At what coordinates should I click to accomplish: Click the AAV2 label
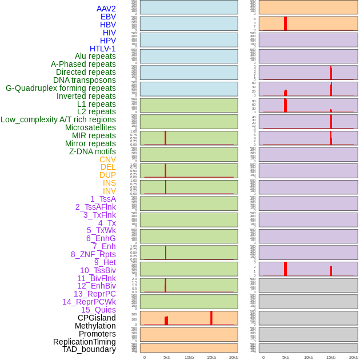[x=106, y=9]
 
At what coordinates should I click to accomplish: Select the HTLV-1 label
[x=102, y=49]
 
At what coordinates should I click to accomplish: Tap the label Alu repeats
[x=95, y=56]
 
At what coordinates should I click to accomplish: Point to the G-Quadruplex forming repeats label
[x=61, y=88]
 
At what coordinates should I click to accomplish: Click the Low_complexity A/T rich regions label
[x=58, y=119]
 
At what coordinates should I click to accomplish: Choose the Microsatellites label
[x=90, y=127]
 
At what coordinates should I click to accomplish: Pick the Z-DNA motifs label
[x=92, y=151]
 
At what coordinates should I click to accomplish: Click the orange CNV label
[x=107, y=159]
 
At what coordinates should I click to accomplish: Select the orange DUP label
[x=107, y=175]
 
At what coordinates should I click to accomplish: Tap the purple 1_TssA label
[x=103, y=199]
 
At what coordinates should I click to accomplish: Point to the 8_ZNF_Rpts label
[x=93, y=254]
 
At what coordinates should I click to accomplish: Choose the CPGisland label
[x=97, y=318]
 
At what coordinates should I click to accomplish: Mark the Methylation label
[x=95, y=326]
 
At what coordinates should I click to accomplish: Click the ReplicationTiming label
[x=85, y=342]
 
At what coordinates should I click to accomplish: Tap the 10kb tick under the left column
[x=189, y=357]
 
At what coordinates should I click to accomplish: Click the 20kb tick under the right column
[x=353, y=357]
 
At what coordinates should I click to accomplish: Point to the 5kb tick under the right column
[x=286, y=357]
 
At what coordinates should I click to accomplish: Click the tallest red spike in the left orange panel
[x=211, y=318]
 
